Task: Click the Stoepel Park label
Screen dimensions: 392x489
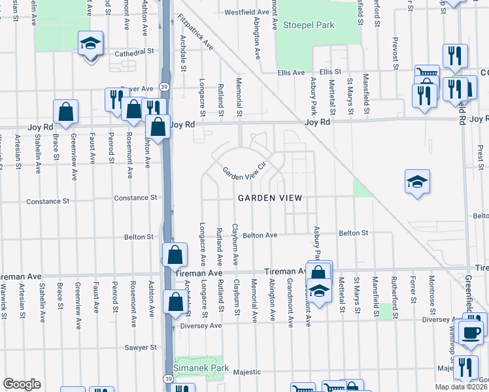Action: [309, 25]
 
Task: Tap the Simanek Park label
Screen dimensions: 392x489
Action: [207, 368]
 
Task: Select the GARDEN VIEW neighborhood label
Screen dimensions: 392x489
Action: [269, 198]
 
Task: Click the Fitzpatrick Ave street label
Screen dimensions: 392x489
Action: [195, 33]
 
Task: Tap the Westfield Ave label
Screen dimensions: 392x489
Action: [247, 12]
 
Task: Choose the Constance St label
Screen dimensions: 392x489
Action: [136, 197]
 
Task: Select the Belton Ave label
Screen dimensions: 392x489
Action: [260, 235]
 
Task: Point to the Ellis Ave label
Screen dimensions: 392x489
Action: [292, 73]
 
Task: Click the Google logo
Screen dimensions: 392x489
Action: [21, 384]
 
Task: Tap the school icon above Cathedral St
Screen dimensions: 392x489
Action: [90, 44]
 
